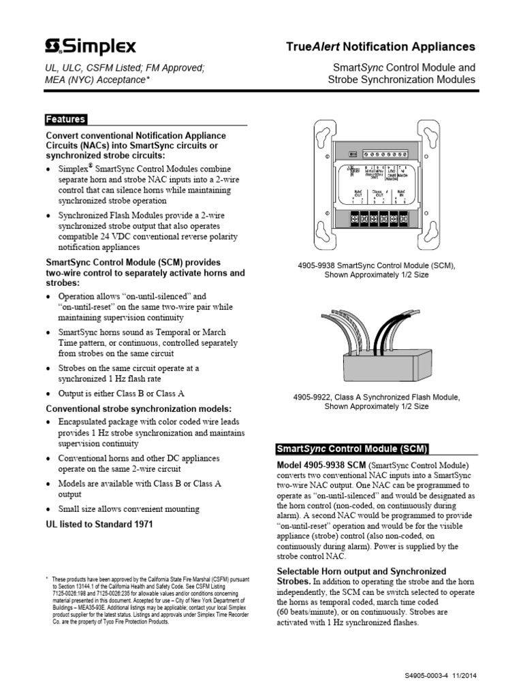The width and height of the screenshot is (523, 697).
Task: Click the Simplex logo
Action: (90, 46)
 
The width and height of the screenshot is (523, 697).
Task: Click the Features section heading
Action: (65, 119)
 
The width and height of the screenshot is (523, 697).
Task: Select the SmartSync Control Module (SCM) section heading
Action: (351, 449)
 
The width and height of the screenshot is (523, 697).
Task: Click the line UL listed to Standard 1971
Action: (99, 524)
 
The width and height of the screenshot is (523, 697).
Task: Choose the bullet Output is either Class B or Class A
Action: (121, 393)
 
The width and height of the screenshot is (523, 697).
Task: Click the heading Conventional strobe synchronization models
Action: (138, 408)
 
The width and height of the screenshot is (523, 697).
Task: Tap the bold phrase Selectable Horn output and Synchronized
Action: (362, 571)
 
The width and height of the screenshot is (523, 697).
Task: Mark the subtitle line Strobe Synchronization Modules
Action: (401, 80)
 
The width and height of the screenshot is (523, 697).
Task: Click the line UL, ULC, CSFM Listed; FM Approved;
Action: (125, 67)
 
